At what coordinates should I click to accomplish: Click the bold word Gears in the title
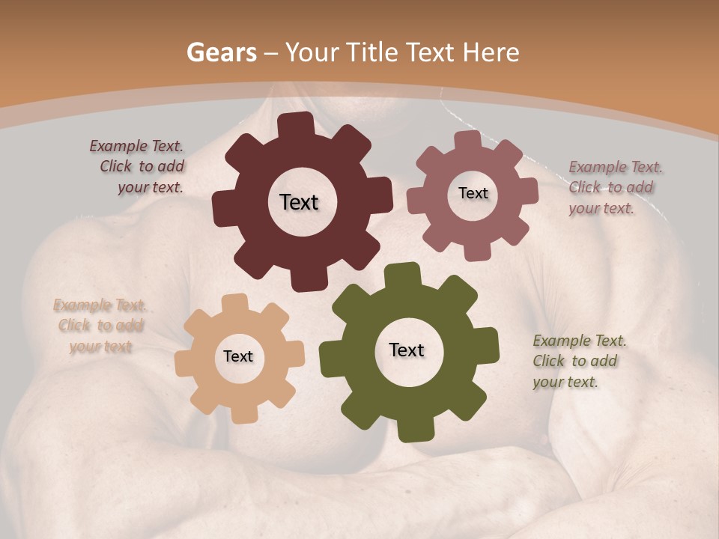click(221, 52)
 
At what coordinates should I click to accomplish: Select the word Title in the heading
click(374, 52)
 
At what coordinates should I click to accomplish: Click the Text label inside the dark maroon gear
click(299, 202)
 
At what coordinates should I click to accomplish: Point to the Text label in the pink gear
click(473, 193)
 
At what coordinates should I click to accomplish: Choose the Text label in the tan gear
click(238, 356)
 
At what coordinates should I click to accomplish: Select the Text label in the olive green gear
click(407, 350)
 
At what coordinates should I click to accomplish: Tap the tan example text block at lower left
click(100, 326)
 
